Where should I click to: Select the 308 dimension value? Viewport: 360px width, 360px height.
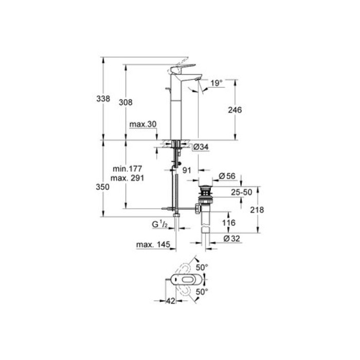click(126, 102)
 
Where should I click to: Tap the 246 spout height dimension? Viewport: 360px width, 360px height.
click(235, 110)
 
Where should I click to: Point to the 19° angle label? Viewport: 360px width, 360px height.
click(217, 82)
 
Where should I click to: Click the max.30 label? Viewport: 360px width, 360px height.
click(142, 124)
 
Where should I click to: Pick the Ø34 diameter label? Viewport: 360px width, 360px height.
click(201, 148)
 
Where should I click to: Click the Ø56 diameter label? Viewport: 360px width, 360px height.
click(227, 176)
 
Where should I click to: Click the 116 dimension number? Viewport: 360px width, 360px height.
click(229, 223)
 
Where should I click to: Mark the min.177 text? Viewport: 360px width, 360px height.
click(129, 168)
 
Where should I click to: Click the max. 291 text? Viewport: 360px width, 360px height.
click(129, 177)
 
